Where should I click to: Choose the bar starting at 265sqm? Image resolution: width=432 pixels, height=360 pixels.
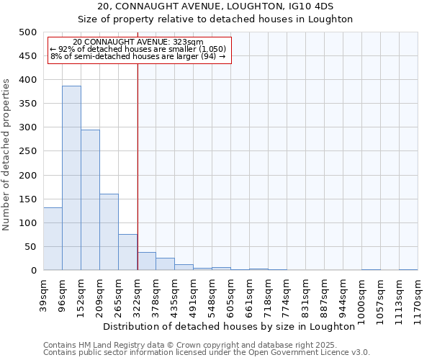[127, 252]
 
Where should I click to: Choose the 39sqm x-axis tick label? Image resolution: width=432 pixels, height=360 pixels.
[43, 296]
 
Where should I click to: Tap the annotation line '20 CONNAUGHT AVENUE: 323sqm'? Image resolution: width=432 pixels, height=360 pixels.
[138, 42]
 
